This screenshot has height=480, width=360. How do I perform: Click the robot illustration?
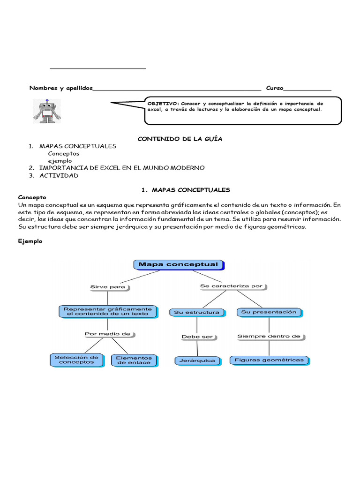(47, 111)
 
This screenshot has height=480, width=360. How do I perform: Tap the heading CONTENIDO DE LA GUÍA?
(180, 139)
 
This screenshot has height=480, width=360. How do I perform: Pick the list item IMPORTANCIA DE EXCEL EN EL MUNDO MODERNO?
(122, 168)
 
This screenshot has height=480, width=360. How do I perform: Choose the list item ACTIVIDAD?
(59, 175)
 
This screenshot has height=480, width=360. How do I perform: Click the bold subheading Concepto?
(32, 197)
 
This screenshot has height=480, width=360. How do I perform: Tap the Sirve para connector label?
(108, 287)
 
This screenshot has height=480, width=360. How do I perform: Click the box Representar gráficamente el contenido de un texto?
(107, 311)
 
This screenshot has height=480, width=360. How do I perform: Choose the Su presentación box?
(269, 312)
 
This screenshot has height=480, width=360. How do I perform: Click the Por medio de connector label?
(108, 334)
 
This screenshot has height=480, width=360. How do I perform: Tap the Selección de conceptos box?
(77, 360)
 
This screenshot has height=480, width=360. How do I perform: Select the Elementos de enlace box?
(134, 360)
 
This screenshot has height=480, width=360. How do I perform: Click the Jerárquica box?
(197, 360)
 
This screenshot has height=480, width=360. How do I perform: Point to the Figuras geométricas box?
(269, 360)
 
